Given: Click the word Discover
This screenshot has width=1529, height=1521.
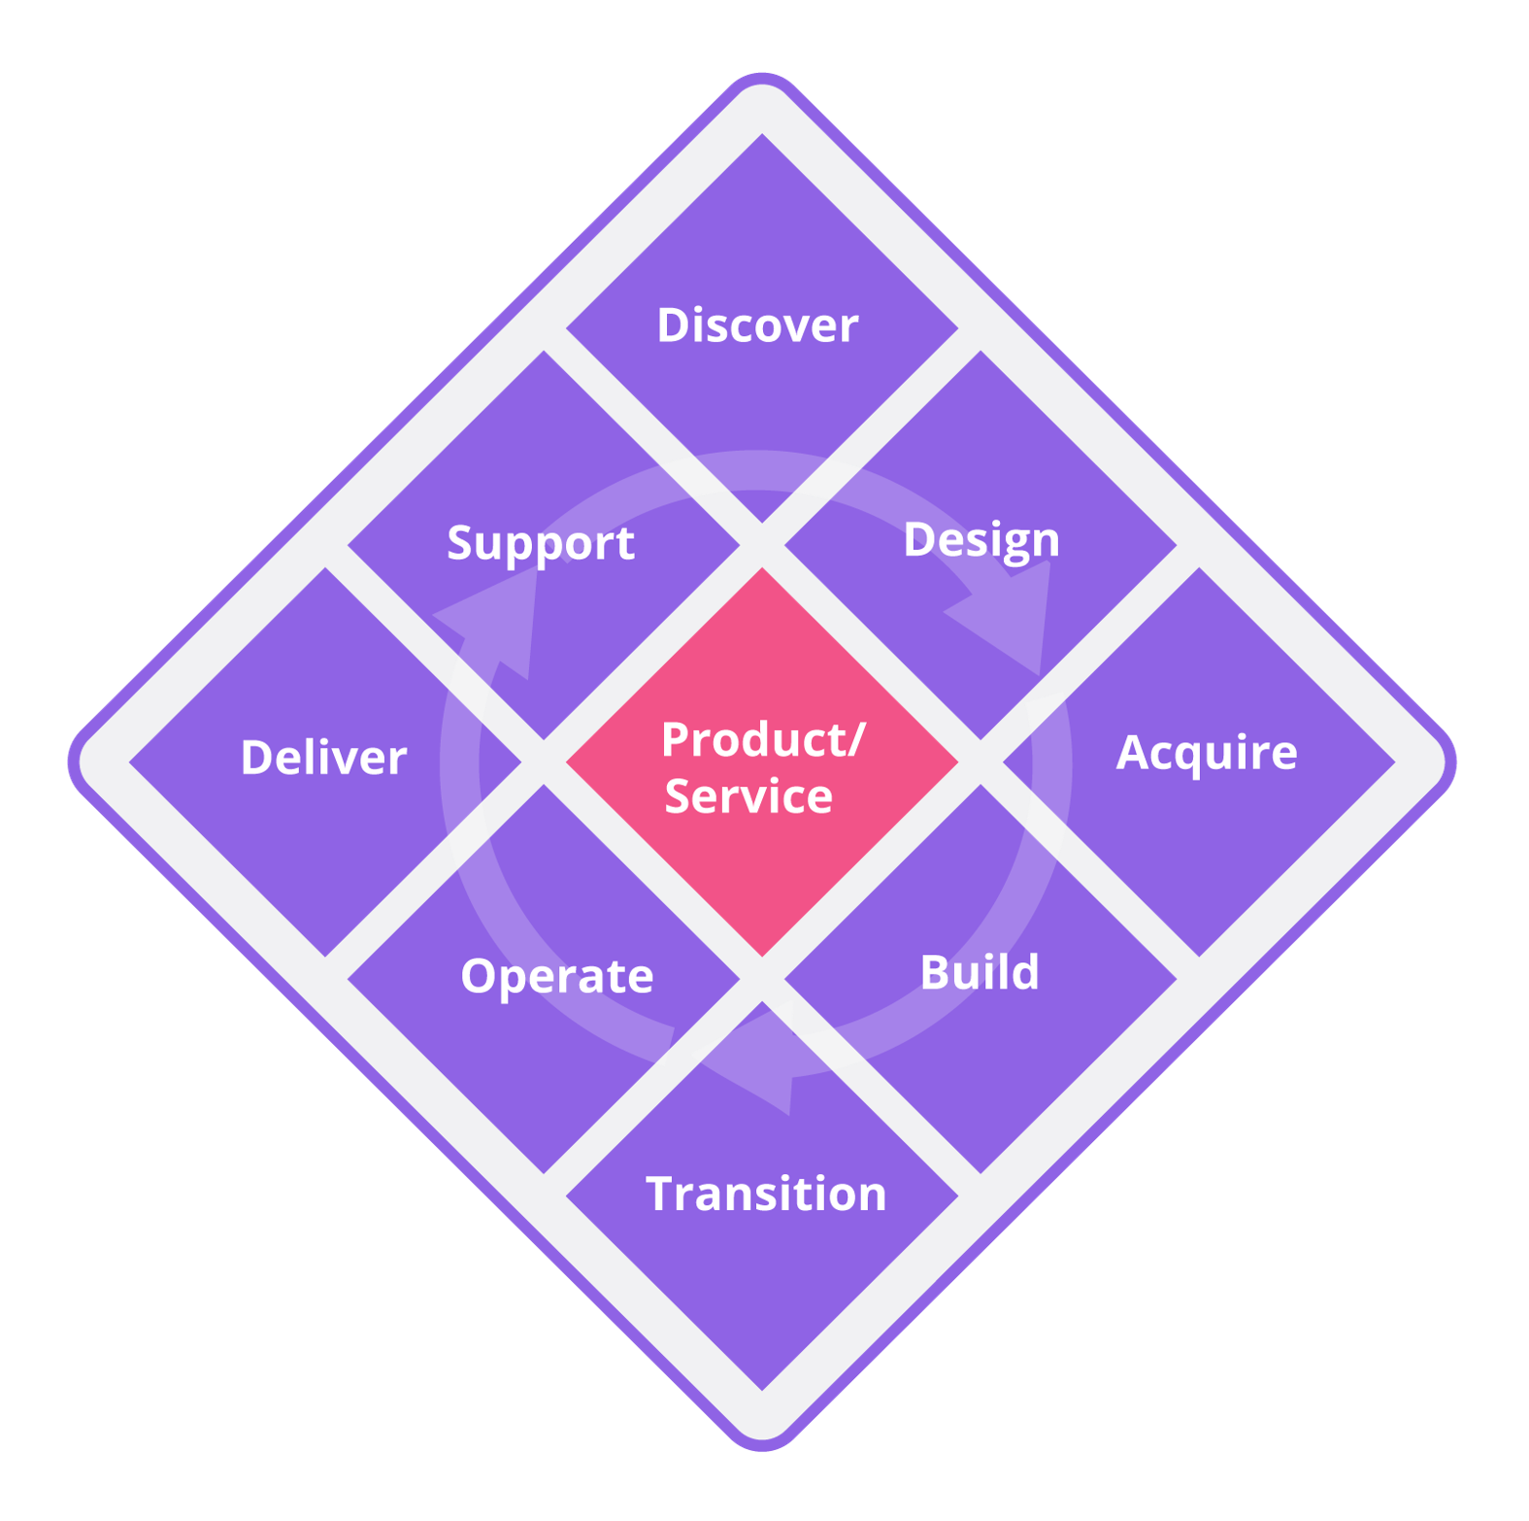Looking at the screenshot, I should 757,325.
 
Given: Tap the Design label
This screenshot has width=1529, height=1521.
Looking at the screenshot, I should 981,541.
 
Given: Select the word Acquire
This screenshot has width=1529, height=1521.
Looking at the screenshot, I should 1206,753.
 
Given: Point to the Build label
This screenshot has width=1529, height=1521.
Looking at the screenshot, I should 979,972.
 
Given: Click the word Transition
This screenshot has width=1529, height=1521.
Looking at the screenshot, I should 766,1194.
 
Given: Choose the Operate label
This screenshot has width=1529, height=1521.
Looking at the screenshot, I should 556,976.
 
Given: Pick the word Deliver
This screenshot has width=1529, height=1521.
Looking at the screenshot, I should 323,758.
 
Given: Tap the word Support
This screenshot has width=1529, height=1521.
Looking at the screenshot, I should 540,544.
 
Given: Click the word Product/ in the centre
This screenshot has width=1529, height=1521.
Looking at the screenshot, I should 762,740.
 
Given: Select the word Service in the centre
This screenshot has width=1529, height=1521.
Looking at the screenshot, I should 748,797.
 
